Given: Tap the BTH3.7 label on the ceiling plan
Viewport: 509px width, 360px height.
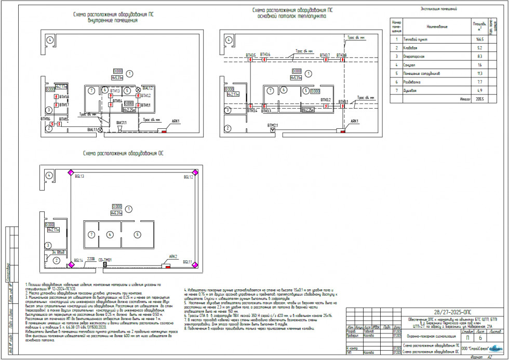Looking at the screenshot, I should tap(325, 55).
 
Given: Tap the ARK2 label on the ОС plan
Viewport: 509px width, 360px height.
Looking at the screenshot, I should tap(173, 257).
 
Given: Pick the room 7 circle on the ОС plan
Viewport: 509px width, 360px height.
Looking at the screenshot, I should tap(91, 234).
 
